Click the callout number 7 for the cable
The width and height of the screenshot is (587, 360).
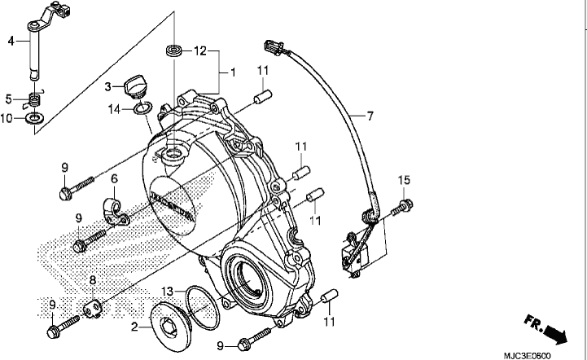click(370, 116)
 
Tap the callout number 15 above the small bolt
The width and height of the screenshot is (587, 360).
click(404, 180)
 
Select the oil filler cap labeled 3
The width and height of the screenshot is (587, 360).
click(136, 87)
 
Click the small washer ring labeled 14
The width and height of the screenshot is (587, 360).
click(142, 109)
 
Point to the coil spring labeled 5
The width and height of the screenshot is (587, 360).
click(35, 100)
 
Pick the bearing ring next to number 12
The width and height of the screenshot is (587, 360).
click(174, 50)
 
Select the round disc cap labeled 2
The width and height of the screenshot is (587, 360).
click(171, 327)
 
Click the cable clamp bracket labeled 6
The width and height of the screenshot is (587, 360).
click(116, 211)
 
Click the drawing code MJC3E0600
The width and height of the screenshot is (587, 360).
click(527, 356)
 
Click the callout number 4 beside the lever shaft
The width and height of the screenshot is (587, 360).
click(11, 41)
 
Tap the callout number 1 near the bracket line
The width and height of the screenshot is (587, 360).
click(233, 72)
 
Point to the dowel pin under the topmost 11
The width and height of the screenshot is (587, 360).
click(263, 96)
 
